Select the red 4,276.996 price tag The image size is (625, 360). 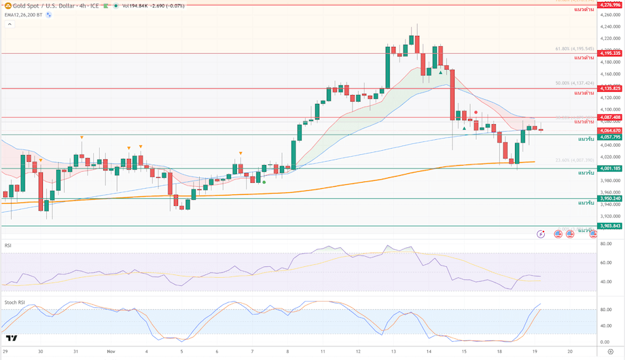coord(609,5)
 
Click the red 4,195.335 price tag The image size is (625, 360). coord(609,52)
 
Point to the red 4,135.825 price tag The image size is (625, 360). coord(609,88)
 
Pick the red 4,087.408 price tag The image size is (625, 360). coord(609,118)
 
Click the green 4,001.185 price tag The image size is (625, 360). coord(609,168)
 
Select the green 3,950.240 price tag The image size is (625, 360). coord(609,198)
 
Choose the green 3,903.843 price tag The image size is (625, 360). coord(609,226)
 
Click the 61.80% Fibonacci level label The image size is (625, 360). coord(574,49)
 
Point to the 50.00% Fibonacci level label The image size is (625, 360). coord(574,84)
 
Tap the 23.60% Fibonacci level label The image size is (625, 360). coord(574,160)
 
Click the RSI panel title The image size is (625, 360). coord(8,245)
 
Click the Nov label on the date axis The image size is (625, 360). coord(111,352)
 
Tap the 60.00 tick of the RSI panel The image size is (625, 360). coord(605,262)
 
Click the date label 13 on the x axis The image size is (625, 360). coord(394,352)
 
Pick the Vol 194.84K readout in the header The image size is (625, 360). coord(139,5)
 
